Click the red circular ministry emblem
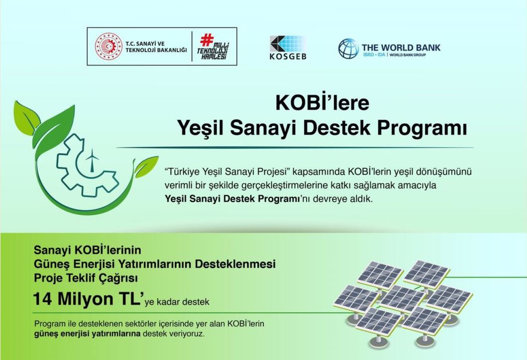tap(108, 46)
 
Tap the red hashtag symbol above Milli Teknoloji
tap(207, 40)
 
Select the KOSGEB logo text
tap(288, 56)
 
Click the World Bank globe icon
tap(348, 49)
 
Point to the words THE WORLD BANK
tap(401, 47)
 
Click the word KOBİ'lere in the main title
tap(322, 103)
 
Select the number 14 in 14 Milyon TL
tap(42, 299)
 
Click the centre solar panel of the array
tap(402, 299)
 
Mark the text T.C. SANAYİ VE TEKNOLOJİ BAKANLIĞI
tap(156, 47)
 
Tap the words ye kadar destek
tap(177, 302)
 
